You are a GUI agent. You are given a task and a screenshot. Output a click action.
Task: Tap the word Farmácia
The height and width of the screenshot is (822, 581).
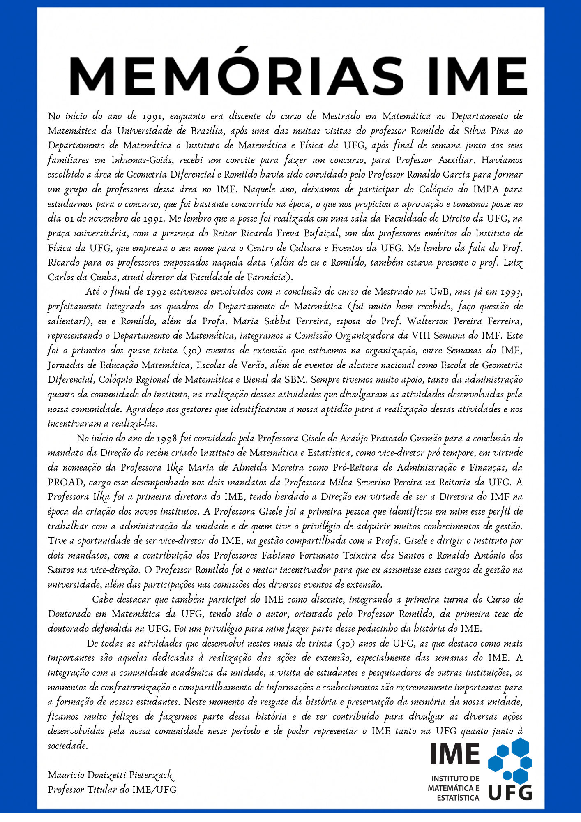pos(266,277)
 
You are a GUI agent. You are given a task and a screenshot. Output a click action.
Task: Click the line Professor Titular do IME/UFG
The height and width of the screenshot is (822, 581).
pos(112,790)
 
